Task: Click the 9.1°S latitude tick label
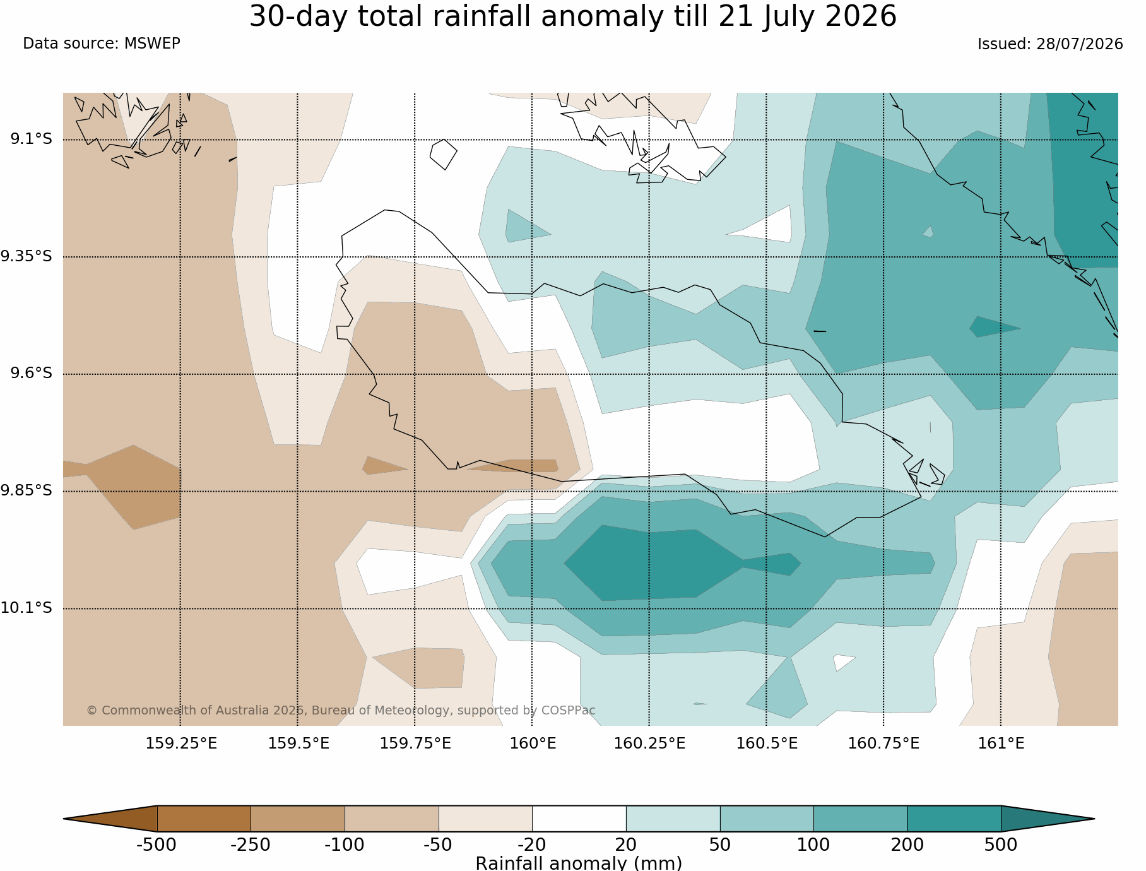tap(31, 139)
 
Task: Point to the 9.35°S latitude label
tap(27, 256)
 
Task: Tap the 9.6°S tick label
tap(31, 373)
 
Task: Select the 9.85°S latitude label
tap(27, 490)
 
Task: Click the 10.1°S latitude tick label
tap(27, 608)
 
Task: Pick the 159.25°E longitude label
tap(181, 744)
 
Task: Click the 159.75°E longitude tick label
tap(415, 744)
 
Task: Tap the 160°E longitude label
tap(533, 744)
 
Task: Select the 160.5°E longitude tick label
tap(767, 744)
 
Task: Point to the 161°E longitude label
tap(1001, 744)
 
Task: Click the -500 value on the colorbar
tap(157, 845)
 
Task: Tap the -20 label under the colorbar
tap(532, 845)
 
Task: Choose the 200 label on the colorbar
tap(907, 845)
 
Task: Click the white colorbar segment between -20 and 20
tap(579, 819)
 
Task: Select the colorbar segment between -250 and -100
tap(298, 819)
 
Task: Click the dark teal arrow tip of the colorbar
tap(1048, 819)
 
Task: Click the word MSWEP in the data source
tap(152, 44)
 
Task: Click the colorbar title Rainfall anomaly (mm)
tap(579, 863)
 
